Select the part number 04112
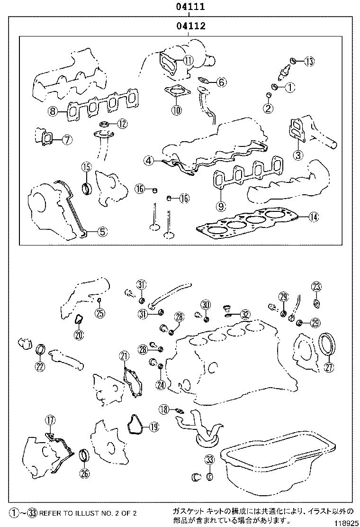click(190, 27)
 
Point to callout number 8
click(53, 112)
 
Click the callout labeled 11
click(189, 60)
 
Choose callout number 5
click(102, 232)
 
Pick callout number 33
click(210, 459)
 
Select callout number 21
click(124, 356)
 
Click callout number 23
click(316, 286)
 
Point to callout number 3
click(297, 154)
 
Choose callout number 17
click(50, 419)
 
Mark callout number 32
click(245, 314)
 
